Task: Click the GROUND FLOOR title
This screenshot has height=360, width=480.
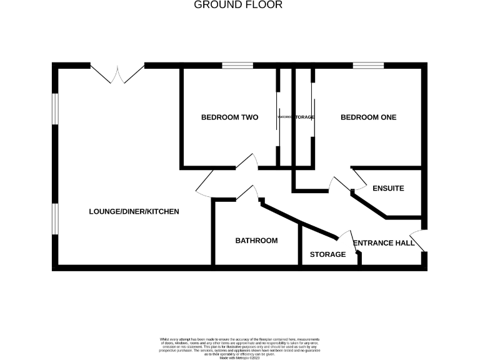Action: [x=238, y=5]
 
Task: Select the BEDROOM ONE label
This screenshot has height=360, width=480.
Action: [x=368, y=117]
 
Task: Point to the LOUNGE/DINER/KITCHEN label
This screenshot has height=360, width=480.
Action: [x=134, y=212]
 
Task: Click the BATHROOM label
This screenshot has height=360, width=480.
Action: [x=256, y=241]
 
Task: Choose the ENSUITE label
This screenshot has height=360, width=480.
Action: [x=388, y=188]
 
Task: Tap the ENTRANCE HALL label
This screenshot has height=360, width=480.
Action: [x=384, y=243]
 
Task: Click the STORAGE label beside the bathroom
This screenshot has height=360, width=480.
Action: [x=328, y=255]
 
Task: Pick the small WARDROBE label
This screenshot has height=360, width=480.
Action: [x=286, y=117]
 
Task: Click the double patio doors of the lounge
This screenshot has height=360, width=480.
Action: [x=117, y=72]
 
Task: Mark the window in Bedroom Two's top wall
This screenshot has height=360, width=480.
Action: [x=237, y=65]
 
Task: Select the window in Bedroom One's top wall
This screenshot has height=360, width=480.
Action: [x=368, y=65]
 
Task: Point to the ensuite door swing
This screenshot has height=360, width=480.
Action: [x=359, y=180]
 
